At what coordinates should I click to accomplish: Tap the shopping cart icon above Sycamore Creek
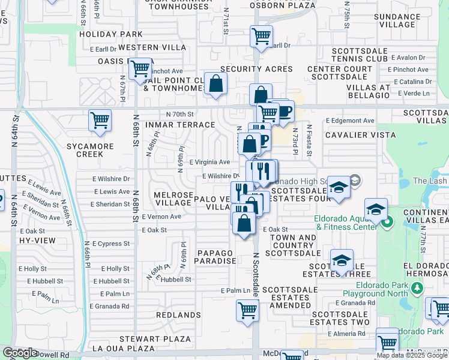[x=100, y=120]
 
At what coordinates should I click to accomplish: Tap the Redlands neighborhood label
[x=178, y=314]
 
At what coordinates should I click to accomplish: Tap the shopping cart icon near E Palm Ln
[x=247, y=311]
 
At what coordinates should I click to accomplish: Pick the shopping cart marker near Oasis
[x=140, y=69]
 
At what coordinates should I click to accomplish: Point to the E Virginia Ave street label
[x=209, y=162]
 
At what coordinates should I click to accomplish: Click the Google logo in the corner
[x=20, y=353]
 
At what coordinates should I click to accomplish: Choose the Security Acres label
[x=256, y=70]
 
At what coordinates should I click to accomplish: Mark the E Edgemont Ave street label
[x=350, y=121]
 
